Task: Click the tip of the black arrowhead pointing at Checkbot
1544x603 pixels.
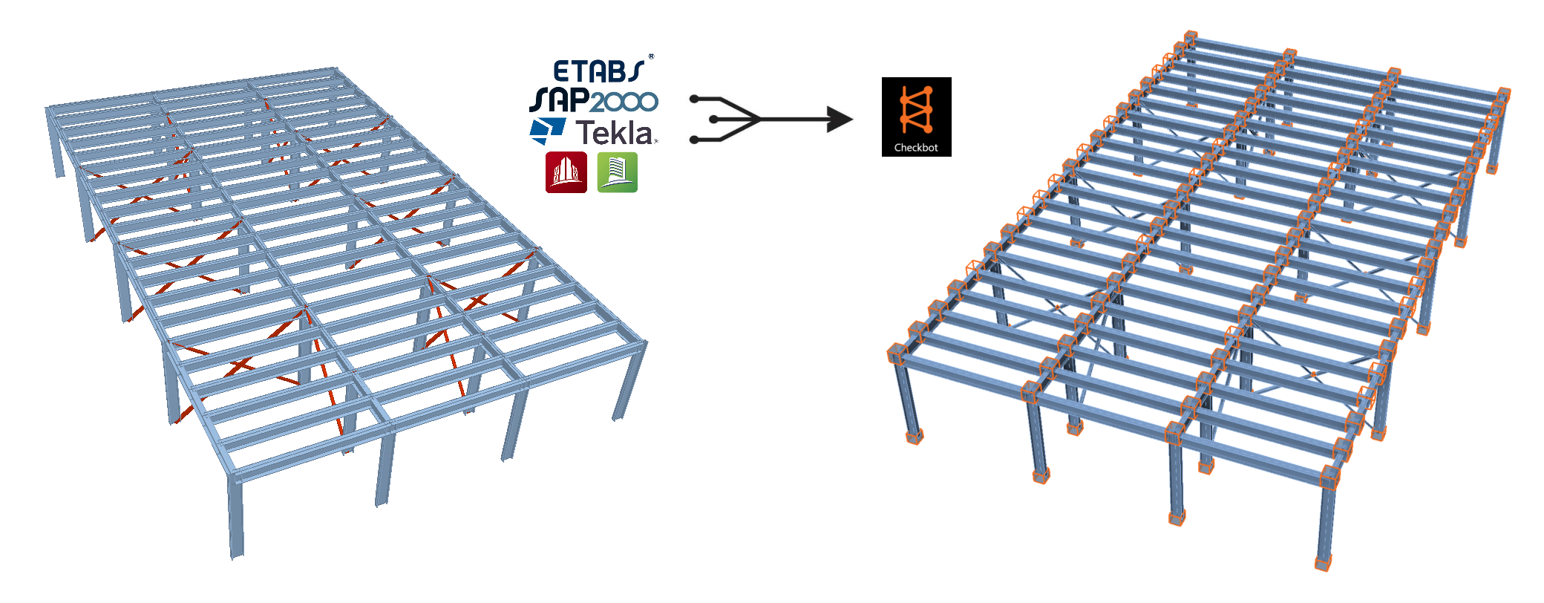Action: [853, 119]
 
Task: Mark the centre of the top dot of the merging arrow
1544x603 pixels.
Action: [694, 98]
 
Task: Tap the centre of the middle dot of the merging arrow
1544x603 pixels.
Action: [713, 119]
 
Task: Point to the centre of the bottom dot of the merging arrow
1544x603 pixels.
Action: [694, 140]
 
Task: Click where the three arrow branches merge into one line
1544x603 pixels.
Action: [759, 119]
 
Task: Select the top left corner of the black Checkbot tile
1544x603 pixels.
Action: [882, 77]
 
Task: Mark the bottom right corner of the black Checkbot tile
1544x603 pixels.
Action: [952, 157]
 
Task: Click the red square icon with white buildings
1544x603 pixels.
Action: [566, 172]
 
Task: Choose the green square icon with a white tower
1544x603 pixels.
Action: [618, 172]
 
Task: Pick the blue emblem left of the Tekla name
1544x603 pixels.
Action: [547, 130]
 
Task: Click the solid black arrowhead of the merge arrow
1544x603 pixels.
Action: [840, 119]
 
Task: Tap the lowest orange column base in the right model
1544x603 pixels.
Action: [1323, 563]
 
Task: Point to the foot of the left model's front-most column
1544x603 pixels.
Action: [236, 553]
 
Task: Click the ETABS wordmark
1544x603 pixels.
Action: [599, 71]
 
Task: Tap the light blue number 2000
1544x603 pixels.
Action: [624, 102]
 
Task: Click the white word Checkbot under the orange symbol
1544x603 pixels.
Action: [916, 148]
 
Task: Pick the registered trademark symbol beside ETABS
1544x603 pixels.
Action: [651, 56]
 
